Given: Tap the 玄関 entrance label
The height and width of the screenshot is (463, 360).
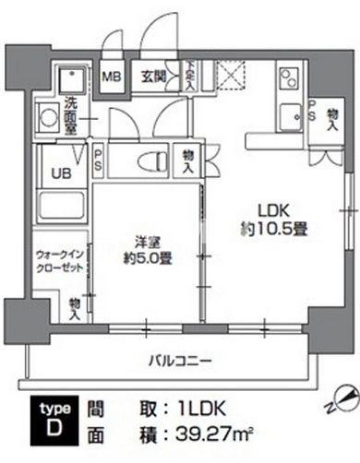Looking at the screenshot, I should [x=153, y=77].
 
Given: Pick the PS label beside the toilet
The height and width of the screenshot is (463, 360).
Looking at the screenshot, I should [x=97, y=160].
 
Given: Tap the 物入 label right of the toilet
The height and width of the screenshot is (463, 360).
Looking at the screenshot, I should [x=188, y=162].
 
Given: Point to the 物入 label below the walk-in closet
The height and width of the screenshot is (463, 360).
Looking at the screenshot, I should [x=74, y=307].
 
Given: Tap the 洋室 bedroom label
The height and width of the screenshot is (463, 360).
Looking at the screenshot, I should [x=139, y=242].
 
